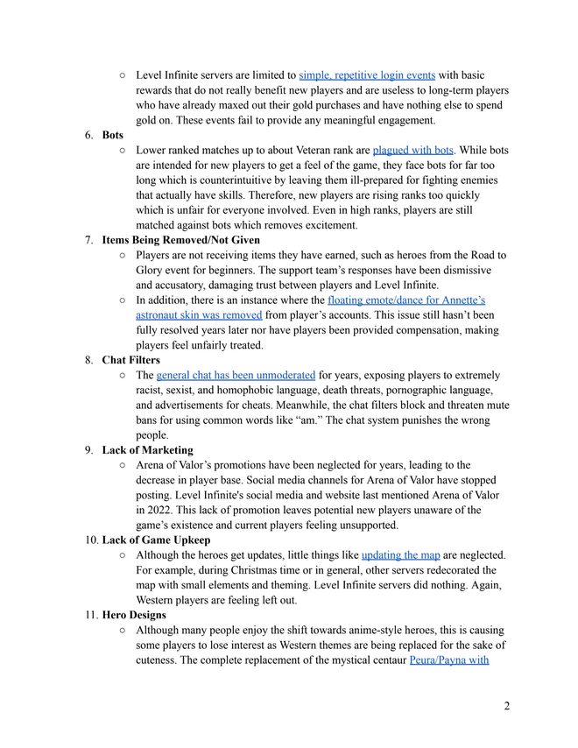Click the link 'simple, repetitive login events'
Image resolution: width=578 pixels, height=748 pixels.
[x=367, y=75]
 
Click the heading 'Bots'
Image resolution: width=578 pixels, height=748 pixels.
[x=113, y=135]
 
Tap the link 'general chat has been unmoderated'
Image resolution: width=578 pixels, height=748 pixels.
[x=236, y=375]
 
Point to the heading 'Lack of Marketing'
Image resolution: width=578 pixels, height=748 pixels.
[x=147, y=450]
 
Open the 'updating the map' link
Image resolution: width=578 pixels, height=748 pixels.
[x=402, y=555]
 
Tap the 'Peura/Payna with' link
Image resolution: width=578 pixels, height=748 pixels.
[x=449, y=660]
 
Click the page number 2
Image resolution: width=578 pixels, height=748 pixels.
[x=507, y=706]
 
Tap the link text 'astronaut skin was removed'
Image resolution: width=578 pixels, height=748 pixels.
[x=199, y=314]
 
